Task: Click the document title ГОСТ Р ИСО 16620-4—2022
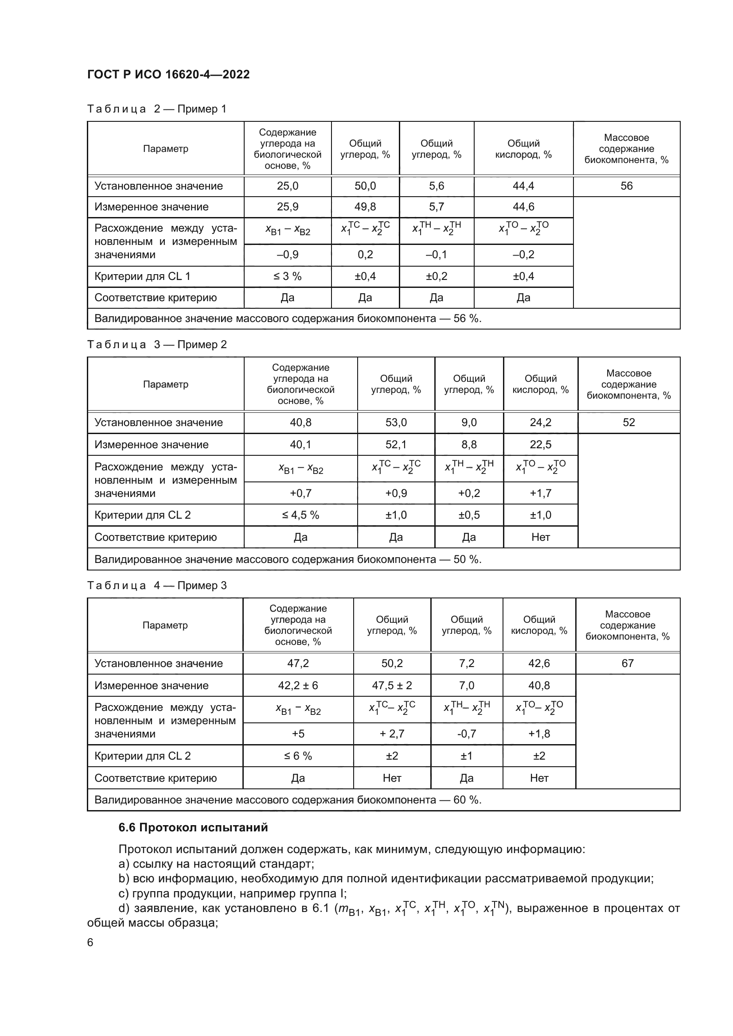point(168,74)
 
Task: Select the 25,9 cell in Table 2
point(288,207)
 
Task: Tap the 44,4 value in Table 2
point(523,186)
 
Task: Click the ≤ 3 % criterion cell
point(288,276)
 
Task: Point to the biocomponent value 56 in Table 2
point(626,186)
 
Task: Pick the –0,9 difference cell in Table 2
point(288,255)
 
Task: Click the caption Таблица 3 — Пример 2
point(156,345)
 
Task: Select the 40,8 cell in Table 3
point(300,423)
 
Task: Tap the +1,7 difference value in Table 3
point(540,493)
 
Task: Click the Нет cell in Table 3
point(540,537)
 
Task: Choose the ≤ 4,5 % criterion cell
point(300,515)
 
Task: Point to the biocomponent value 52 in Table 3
point(628,423)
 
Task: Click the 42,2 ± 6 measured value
point(298,685)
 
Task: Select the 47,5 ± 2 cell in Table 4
point(392,685)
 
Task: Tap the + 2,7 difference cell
point(392,733)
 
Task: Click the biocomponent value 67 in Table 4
point(628,664)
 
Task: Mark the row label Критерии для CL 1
point(142,276)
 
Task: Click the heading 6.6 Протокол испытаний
point(193,827)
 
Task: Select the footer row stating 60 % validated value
point(288,800)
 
